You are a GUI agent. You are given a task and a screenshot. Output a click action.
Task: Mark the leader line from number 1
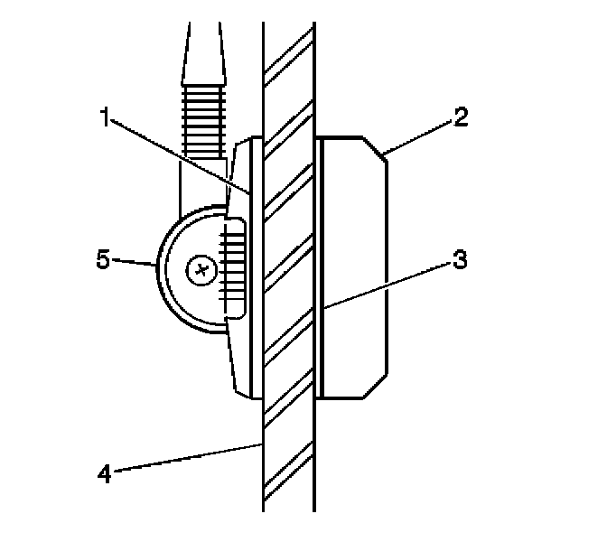pyautogui.click(x=181, y=155)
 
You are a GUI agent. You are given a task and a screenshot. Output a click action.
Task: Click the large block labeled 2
pyautogui.click(x=356, y=267)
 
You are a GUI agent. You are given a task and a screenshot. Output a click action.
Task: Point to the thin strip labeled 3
pyautogui.click(x=319, y=267)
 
